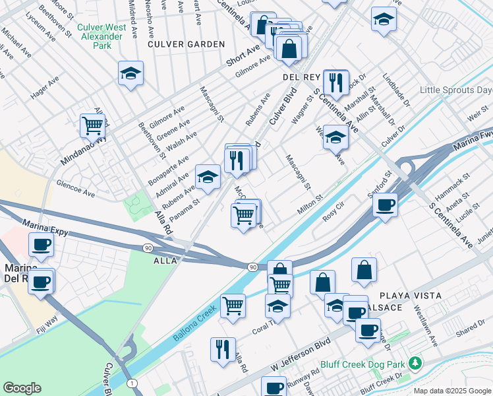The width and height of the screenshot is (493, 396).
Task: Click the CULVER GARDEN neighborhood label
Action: (x=186, y=44)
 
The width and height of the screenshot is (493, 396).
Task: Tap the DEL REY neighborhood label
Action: (x=301, y=77)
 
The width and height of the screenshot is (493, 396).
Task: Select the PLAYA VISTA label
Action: (x=410, y=295)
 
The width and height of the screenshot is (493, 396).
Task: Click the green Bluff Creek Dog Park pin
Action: (x=415, y=362)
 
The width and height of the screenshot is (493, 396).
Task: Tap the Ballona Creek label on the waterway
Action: (x=194, y=326)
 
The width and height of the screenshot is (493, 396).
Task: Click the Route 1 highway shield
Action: (x=133, y=383)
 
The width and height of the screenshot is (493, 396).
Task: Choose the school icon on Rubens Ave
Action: (x=208, y=177)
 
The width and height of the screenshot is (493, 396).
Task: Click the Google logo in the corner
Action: (x=22, y=388)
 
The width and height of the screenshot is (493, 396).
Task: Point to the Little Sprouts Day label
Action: (x=456, y=90)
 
